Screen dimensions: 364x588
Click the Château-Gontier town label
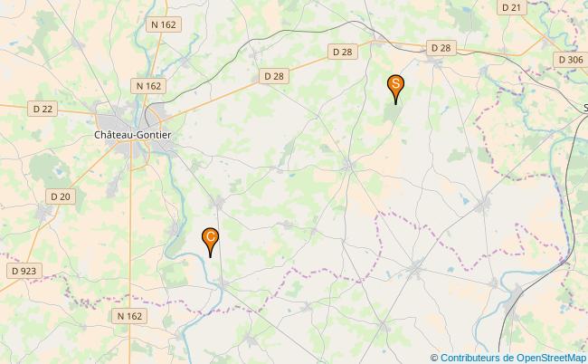132,134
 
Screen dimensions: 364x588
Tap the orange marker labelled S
395,85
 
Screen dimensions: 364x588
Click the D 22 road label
43,108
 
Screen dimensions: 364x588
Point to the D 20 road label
61,196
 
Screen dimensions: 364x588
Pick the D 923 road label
24,271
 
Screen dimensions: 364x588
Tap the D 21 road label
511,7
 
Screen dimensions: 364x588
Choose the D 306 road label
570,59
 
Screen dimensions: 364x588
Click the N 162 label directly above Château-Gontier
148,85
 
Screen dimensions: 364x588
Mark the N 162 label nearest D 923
130,315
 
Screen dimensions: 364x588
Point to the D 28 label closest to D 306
441,47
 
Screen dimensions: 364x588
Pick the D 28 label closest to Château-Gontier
273,76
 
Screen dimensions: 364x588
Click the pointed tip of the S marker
395,104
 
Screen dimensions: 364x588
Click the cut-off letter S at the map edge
584,107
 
